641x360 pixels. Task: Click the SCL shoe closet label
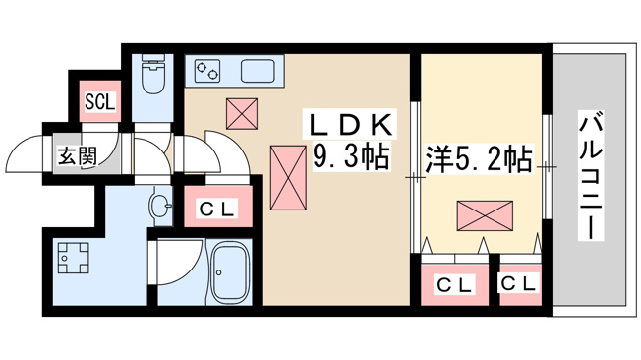click(x=100, y=101)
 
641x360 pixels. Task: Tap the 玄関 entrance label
click(x=78, y=155)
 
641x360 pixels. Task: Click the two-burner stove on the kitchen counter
click(x=207, y=71)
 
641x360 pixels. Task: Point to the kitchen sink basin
click(x=258, y=71)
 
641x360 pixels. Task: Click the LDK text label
click(x=350, y=123)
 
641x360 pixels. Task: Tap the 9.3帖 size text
click(x=350, y=155)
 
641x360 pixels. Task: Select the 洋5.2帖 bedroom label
click(x=479, y=158)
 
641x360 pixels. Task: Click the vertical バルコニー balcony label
click(x=591, y=175)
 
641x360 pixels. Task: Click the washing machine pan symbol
click(x=73, y=258)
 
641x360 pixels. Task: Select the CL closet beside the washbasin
click(x=217, y=207)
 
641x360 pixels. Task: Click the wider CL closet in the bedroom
click(x=455, y=284)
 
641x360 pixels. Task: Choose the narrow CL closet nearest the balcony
click(x=520, y=284)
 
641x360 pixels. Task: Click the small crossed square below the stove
click(x=242, y=113)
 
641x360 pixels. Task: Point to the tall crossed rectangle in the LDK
click(x=288, y=178)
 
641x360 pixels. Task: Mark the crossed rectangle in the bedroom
click(x=485, y=215)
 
